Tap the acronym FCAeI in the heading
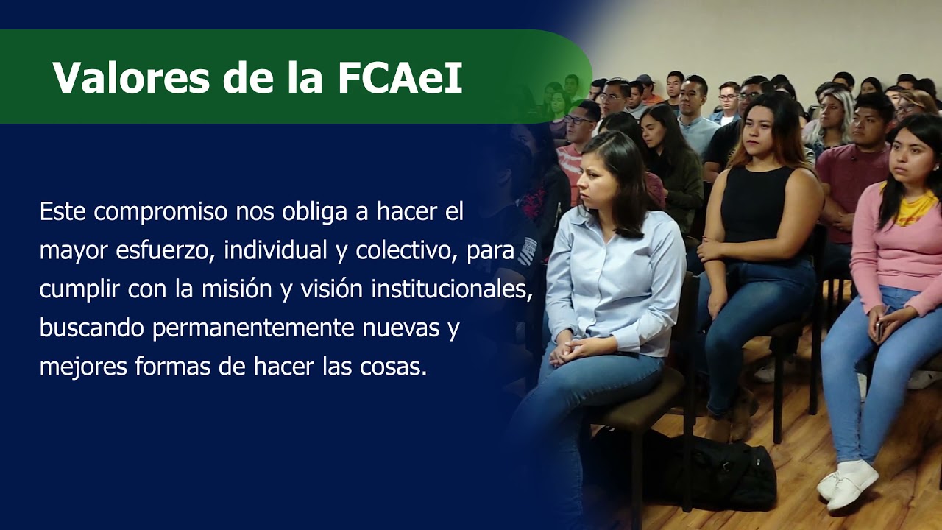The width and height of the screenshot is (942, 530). (x=400, y=77)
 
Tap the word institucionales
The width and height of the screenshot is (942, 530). (x=451, y=289)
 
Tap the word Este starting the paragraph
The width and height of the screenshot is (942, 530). (x=63, y=213)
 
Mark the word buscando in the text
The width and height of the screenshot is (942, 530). (x=92, y=328)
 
